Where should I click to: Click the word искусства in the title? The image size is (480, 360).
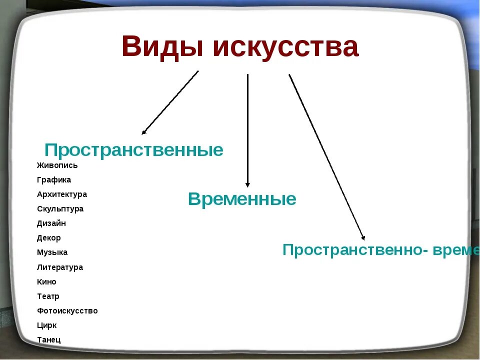(285, 47)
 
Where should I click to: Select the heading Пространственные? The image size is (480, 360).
(134, 150)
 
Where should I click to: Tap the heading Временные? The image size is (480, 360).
(242, 199)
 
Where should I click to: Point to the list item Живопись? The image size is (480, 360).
(57, 165)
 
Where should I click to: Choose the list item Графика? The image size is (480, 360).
(54, 180)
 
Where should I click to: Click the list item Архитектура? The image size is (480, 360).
(62, 194)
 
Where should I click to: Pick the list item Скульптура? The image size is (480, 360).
(60, 209)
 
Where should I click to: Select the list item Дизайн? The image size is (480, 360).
(51, 223)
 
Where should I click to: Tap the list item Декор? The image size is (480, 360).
(49, 238)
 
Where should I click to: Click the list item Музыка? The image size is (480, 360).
(52, 252)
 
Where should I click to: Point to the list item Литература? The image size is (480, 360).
(60, 267)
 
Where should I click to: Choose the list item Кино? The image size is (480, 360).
(46, 282)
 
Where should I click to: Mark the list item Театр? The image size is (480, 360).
(48, 296)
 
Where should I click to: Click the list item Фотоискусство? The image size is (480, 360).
(67, 311)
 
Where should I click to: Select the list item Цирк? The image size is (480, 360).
(47, 325)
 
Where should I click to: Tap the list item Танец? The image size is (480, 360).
(49, 340)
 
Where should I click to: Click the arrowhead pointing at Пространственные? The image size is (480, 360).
(144, 132)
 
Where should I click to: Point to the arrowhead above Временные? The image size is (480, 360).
(247, 184)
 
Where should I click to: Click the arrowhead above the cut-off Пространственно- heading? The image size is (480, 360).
(363, 238)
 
